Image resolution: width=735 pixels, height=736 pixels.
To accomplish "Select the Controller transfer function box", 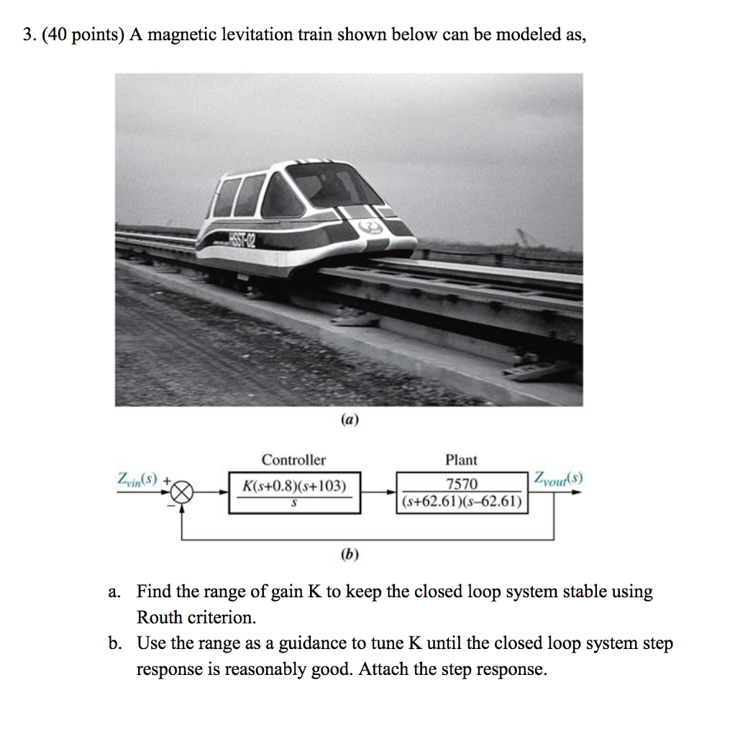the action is [x=295, y=492].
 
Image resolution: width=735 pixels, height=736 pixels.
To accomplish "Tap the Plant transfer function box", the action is [x=462, y=492].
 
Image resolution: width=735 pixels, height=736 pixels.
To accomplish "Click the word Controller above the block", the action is [x=293, y=460].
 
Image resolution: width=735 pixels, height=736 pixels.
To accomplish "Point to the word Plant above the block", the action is [x=461, y=460].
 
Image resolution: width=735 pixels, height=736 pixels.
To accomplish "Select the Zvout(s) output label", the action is [x=559, y=478].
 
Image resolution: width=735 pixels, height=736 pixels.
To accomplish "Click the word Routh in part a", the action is [x=160, y=617].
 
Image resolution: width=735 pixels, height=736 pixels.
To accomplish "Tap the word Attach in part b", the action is [x=383, y=669].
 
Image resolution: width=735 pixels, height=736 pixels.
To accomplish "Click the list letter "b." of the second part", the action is [x=114, y=643].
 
